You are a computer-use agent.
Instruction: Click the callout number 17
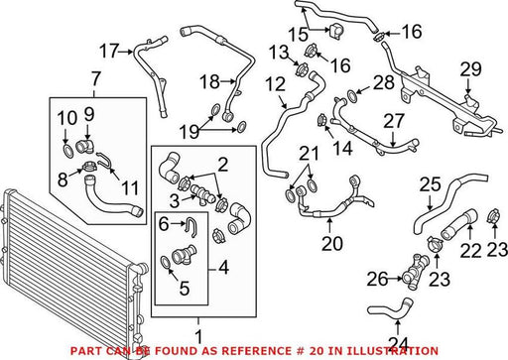pyautogui.click(x=109, y=51)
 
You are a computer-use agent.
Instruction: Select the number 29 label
pyautogui.click(x=471, y=69)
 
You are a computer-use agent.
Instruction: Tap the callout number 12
pyautogui.click(x=275, y=84)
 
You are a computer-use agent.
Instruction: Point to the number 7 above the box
pyautogui.click(x=95, y=78)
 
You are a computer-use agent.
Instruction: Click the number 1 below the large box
pyautogui.click(x=198, y=337)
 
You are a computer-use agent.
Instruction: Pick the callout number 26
pyautogui.click(x=377, y=280)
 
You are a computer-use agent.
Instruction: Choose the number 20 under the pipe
pyautogui.click(x=332, y=244)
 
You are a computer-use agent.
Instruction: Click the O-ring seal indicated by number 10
pyautogui.click(x=67, y=151)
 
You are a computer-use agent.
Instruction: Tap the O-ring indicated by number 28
pyautogui.click(x=352, y=96)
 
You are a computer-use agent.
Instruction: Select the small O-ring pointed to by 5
pyautogui.click(x=166, y=262)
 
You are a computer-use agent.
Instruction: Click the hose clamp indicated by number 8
pyautogui.click(x=89, y=167)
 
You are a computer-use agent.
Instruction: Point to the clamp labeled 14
pyautogui.click(x=321, y=120)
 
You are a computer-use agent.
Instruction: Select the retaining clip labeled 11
pyautogui.click(x=105, y=161)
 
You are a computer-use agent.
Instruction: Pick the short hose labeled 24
pyautogui.click(x=390, y=309)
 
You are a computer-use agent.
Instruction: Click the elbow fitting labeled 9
pyautogui.click(x=85, y=146)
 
